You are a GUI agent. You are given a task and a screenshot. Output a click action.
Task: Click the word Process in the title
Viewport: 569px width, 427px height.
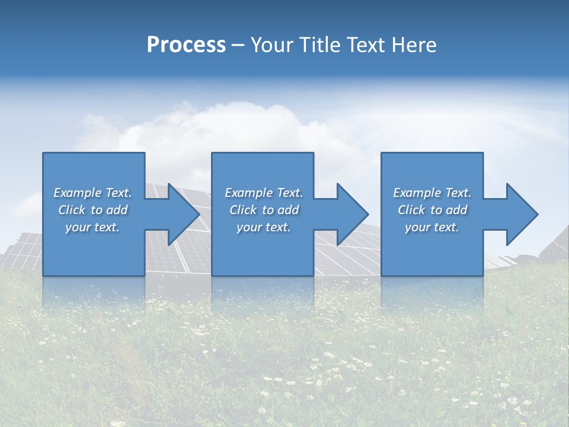pos(186,45)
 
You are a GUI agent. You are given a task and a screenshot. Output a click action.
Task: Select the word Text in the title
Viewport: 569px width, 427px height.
pos(366,45)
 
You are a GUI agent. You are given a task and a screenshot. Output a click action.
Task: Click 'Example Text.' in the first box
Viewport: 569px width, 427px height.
pos(92,193)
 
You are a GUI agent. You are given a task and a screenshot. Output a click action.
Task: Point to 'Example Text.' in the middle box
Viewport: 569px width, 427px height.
pos(264,193)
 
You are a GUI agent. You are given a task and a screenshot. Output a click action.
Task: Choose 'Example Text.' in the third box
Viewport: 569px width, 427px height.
pos(432,193)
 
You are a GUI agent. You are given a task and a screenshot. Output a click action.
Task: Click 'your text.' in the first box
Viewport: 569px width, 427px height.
pos(92,227)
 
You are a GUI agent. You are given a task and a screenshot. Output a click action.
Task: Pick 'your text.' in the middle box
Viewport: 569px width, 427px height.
pos(264,227)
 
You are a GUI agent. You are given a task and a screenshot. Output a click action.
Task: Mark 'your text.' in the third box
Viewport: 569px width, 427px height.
pos(432,227)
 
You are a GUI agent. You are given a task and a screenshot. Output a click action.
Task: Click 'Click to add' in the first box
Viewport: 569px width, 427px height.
pos(92,210)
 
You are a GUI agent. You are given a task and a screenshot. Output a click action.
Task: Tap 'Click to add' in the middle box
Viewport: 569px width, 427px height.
pos(264,210)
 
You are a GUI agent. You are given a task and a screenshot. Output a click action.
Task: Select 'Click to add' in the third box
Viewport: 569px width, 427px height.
pos(432,210)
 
